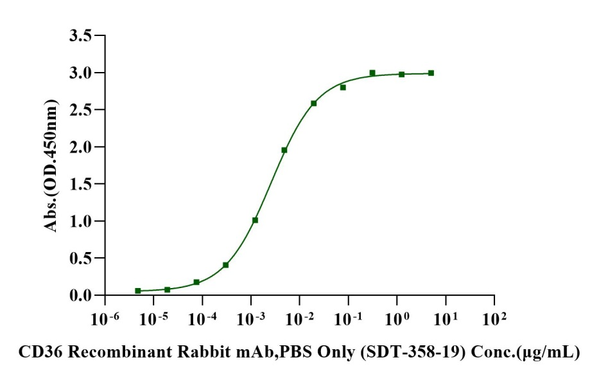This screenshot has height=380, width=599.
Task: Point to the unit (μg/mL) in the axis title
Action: [553, 352]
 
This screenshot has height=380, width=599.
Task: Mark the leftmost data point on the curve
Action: [138, 291]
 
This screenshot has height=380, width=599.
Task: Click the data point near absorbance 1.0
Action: [255, 220]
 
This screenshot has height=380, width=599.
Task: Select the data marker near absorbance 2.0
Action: [284, 150]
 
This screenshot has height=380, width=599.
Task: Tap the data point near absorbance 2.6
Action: [314, 103]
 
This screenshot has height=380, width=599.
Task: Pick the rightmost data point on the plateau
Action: [431, 73]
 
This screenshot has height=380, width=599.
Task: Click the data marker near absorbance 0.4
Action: [225, 265]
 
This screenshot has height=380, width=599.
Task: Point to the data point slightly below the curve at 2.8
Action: [343, 87]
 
